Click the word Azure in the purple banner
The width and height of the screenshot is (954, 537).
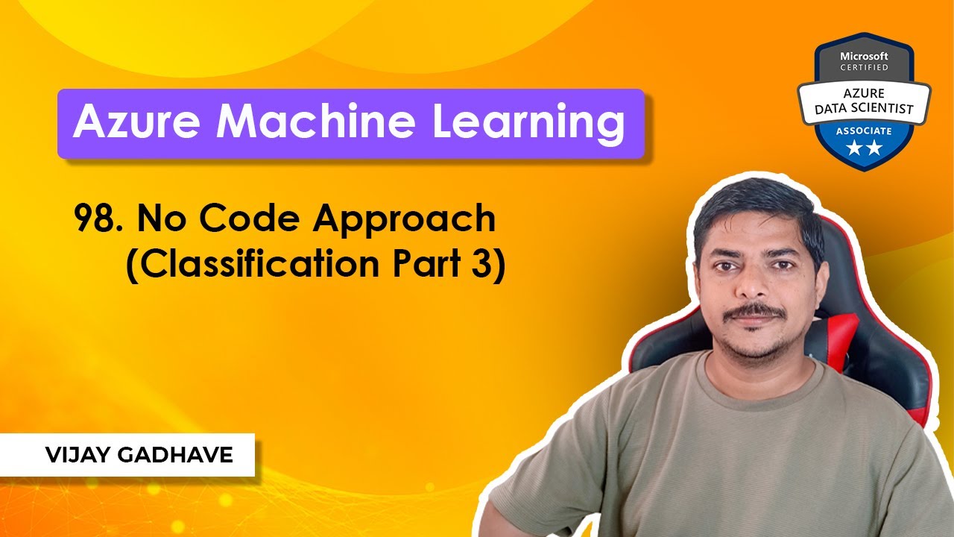click(136, 123)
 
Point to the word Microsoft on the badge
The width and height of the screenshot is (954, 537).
click(865, 56)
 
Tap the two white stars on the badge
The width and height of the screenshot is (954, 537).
click(865, 149)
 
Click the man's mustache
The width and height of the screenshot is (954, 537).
click(754, 311)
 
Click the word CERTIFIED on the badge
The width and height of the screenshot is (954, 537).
click(865, 67)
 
